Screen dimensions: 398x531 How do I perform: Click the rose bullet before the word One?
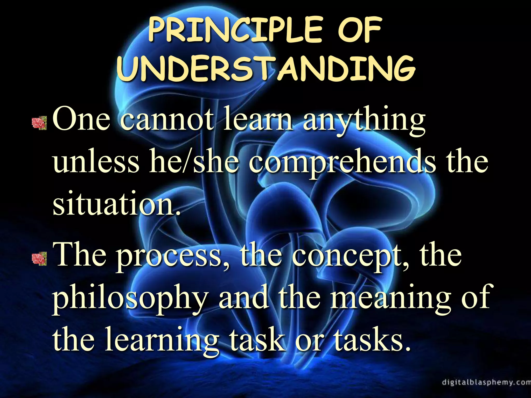pyautogui.click(x=39, y=123)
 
